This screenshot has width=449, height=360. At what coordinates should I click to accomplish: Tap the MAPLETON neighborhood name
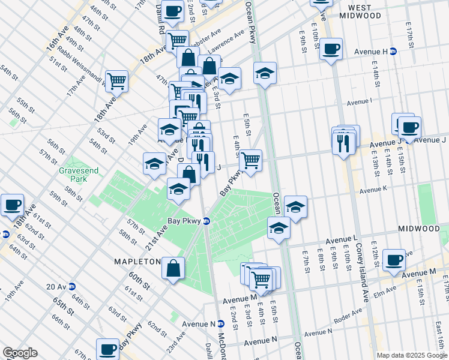137,262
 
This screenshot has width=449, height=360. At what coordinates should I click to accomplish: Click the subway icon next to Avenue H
393,52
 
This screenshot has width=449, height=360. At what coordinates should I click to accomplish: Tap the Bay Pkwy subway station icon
206,221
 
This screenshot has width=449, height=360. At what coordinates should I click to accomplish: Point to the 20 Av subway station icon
71,286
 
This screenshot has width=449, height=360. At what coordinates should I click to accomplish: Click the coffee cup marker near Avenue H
331,49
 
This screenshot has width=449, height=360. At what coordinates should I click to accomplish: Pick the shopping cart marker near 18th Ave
117,80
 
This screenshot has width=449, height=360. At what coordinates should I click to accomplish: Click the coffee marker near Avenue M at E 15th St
394,259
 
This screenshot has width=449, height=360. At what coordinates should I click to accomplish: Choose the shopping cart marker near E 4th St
250,160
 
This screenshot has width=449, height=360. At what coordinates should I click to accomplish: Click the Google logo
19,353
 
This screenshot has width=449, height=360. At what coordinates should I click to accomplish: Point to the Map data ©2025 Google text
411,355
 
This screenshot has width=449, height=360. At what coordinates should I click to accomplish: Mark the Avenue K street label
375,190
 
